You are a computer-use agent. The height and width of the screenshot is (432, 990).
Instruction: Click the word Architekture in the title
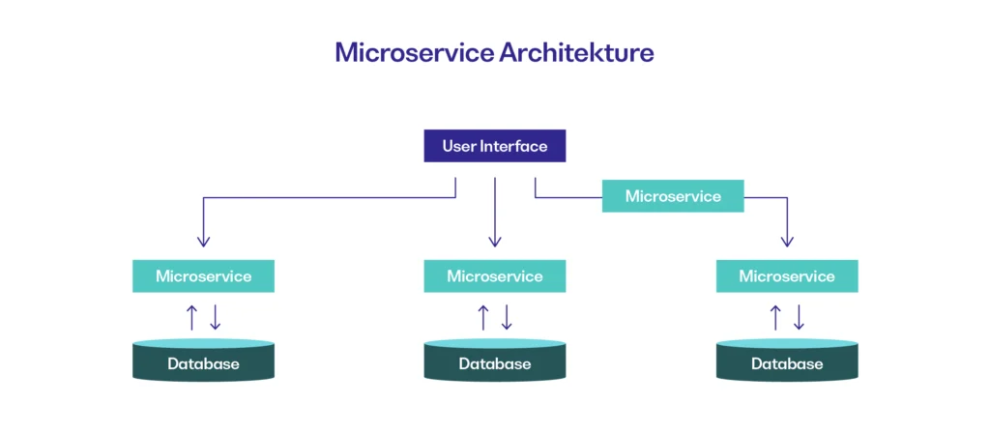pyautogui.click(x=576, y=53)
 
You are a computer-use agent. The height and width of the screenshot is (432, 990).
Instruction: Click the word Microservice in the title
pyautogui.click(x=414, y=53)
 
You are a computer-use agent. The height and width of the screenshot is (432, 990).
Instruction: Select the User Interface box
pyautogui.click(x=494, y=146)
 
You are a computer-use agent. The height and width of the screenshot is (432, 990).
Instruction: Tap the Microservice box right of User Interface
pyautogui.click(x=673, y=196)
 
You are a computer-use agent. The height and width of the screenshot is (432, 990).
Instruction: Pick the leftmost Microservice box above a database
pyautogui.click(x=203, y=276)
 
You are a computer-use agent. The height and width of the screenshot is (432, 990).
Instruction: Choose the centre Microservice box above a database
pyautogui.click(x=494, y=276)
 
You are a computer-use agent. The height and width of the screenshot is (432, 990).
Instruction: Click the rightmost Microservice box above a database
pyautogui.click(x=787, y=276)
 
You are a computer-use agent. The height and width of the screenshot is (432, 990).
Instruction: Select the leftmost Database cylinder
pyautogui.click(x=203, y=360)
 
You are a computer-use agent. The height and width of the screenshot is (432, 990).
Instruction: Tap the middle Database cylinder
pyautogui.click(x=494, y=360)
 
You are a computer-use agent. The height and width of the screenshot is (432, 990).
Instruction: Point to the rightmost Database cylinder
pyautogui.click(x=787, y=360)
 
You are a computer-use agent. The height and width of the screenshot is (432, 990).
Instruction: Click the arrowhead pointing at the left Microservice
pyautogui.click(x=203, y=242)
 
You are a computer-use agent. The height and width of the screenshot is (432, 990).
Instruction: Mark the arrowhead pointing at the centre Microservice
pyautogui.click(x=495, y=242)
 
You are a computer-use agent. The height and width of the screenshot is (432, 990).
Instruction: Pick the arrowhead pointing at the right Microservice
pyautogui.click(x=787, y=242)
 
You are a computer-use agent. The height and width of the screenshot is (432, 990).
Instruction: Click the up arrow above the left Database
pyautogui.click(x=192, y=318)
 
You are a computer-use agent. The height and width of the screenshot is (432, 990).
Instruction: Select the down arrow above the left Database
pyautogui.click(x=215, y=318)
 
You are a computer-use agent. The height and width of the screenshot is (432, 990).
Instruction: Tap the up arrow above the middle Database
pyautogui.click(x=483, y=318)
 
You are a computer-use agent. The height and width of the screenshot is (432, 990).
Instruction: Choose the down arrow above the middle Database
pyautogui.click(x=507, y=318)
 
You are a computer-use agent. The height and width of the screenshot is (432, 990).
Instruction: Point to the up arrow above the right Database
pyautogui.click(x=775, y=318)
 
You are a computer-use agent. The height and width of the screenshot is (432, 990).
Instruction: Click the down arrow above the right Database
pyautogui.click(x=799, y=318)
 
